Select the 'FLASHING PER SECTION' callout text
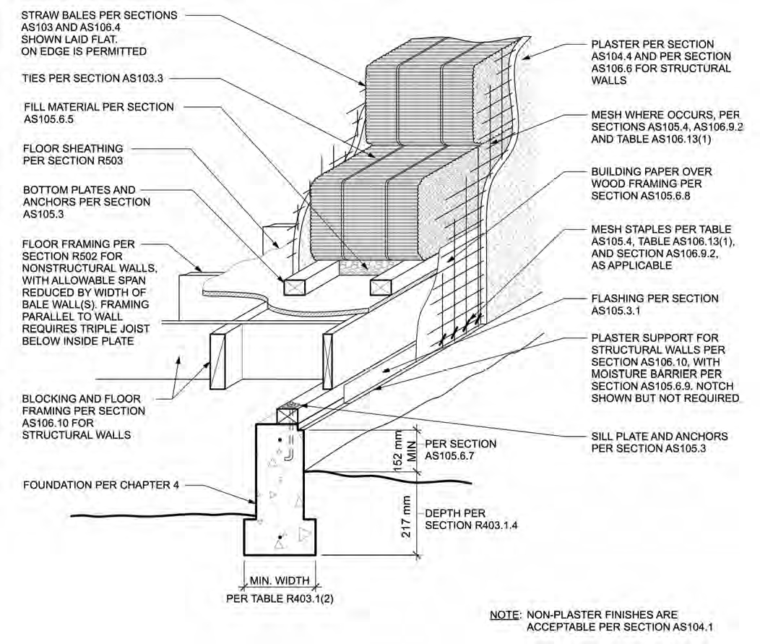[x=655, y=298]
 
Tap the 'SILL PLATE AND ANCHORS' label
[x=659, y=437]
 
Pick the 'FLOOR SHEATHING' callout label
[x=73, y=148]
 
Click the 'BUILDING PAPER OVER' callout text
[x=651, y=171]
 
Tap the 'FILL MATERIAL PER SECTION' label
[x=98, y=107]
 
